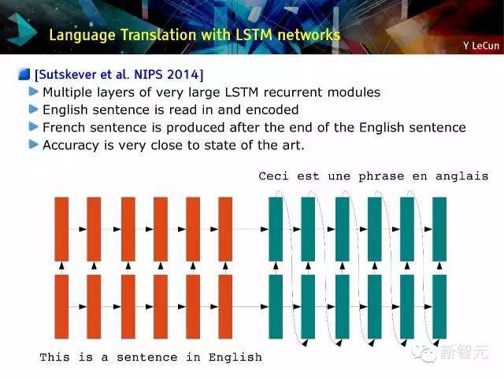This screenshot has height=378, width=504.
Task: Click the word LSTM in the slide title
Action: pyautogui.click(x=254, y=35)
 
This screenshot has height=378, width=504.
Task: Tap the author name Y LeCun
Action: pyautogui.click(x=481, y=46)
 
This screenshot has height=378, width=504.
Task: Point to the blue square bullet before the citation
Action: pyautogui.click(x=24, y=74)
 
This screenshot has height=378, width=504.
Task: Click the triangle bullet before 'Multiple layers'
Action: pyautogui.click(x=33, y=92)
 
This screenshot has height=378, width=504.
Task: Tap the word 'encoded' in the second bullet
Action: pyautogui.click(x=272, y=110)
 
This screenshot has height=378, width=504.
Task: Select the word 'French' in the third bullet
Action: pyautogui.click(x=63, y=128)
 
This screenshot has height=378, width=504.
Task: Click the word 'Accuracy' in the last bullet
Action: pyautogui.click(x=71, y=145)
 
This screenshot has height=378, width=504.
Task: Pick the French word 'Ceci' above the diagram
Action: pyautogui.click(x=274, y=176)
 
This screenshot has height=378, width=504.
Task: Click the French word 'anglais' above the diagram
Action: pyautogui.click(x=462, y=176)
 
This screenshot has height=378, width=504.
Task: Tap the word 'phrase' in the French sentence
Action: pyautogui.click(x=381, y=176)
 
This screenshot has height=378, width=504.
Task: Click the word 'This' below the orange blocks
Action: pyautogui.click(x=54, y=357)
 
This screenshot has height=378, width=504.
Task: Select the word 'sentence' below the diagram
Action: pyautogui.click(x=147, y=358)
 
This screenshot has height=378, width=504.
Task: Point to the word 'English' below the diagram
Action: pyautogui.click(x=235, y=358)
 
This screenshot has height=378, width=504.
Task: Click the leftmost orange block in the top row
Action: pyautogui.click(x=61, y=229)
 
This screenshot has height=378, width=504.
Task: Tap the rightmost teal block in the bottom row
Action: pyautogui.click(x=439, y=306)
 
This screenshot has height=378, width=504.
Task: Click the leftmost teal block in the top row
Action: pyautogui.click(x=276, y=229)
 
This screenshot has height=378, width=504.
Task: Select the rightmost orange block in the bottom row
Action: pyautogui.click(x=225, y=306)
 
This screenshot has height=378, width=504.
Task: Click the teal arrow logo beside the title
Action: pyautogui.click(x=22, y=30)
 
